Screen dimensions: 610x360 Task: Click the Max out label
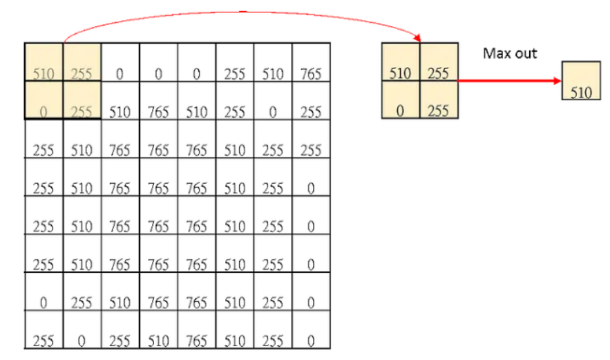click(510, 53)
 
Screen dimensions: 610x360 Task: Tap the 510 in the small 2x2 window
click(401, 72)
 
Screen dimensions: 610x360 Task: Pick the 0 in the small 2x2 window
click(400, 110)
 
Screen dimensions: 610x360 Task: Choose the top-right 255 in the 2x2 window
click(438, 72)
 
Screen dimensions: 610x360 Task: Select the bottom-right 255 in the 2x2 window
click(438, 110)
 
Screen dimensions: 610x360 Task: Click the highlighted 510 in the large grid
click(44, 73)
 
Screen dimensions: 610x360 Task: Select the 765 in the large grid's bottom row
click(197, 340)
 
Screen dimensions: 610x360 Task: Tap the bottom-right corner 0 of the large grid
click(311, 340)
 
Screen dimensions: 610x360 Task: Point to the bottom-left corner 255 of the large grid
click(44, 340)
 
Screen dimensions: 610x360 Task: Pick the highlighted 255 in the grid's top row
click(82, 73)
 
